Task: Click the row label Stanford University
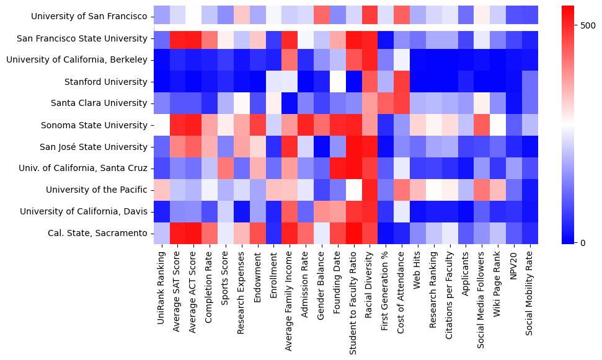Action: (106, 82)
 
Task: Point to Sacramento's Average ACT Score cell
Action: (194, 233)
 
